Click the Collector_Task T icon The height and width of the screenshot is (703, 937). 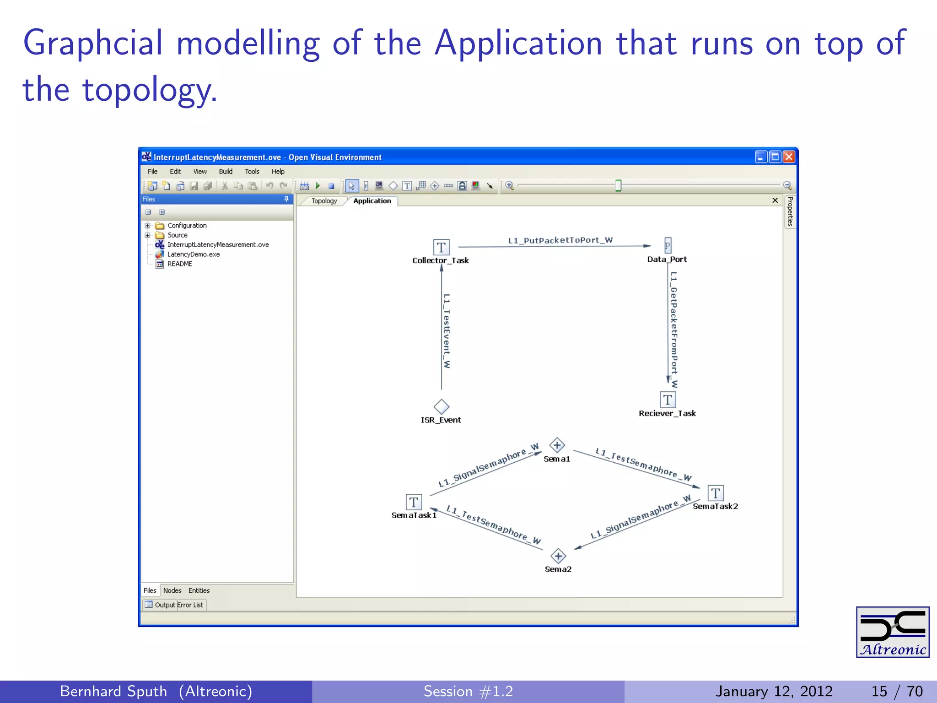click(x=441, y=248)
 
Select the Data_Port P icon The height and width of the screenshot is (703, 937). click(x=668, y=246)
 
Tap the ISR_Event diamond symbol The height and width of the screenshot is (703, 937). click(x=442, y=406)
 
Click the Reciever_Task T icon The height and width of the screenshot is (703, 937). click(x=668, y=400)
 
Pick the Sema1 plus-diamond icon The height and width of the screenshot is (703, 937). click(x=557, y=445)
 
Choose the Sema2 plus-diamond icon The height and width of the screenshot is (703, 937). click(x=558, y=556)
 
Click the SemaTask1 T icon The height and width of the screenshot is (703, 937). click(x=414, y=502)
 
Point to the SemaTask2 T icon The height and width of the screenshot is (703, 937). click(x=716, y=493)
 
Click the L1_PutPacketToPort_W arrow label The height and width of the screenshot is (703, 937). click(x=560, y=240)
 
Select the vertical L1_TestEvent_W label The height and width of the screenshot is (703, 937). click(x=447, y=330)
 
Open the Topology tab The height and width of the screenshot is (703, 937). click(x=324, y=201)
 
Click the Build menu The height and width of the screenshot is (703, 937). click(x=226, y=172)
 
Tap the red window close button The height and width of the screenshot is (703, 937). click(x=789, y=157)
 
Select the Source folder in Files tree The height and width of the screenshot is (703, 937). click(x=177, y=235)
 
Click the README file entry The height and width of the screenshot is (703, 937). click(x=179, y=264)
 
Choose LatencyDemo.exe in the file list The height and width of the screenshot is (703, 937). click(x=193, y=254)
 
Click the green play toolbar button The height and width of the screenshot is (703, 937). click(x=318, y=186)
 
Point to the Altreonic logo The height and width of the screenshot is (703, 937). click(x=892, y=632)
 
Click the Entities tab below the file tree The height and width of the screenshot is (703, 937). click(x=199, y=591)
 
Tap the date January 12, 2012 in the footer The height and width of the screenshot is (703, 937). click(x=774, y=691)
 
